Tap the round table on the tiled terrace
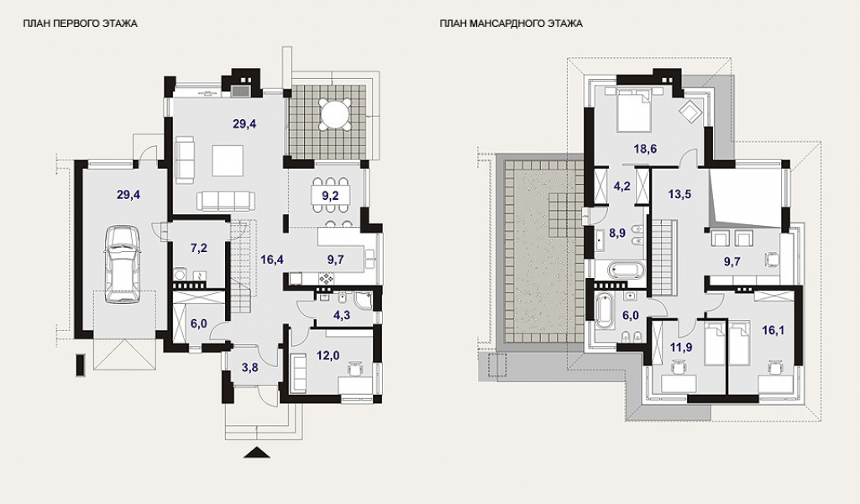(x=336, y=113)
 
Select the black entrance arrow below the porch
(x=257, y=452)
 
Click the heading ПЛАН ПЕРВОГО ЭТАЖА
(x=80, y=24)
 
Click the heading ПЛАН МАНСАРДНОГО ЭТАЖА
(x=511, y=24)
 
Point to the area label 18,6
(x=645, y=149)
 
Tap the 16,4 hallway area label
(x=272, y=260)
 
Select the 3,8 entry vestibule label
(x=250, y=368)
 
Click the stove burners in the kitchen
(x=328, y=278)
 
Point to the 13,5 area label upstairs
(x=679, y=194)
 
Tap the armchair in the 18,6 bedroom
(x=690, y=110)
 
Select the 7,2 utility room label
(x=198, y=248)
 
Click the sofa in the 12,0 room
(x=299, y=371)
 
